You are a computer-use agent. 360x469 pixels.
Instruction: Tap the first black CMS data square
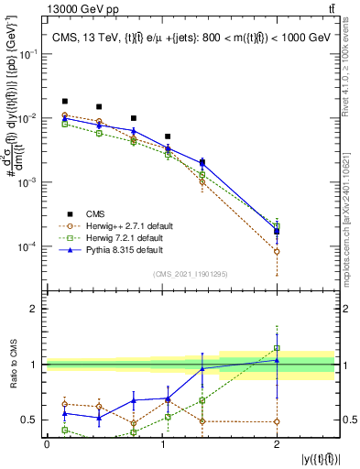click(x=64, y=101)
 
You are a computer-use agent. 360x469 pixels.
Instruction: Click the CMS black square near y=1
click(x=168, y=136)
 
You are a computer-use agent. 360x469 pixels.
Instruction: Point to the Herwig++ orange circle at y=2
click(x=277, y=251)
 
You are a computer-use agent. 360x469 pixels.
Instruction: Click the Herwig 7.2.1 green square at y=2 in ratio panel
click(x=277, y=348)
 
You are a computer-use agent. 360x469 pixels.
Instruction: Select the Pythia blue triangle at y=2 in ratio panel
click(x=277, y=360)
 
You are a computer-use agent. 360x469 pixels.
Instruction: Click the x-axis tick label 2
click(x=277, y=444)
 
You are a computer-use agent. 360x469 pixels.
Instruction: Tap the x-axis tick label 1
click(x=162, y=444)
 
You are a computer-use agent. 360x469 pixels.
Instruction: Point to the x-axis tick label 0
click(x=47, y=444)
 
